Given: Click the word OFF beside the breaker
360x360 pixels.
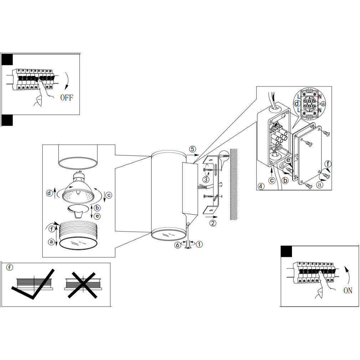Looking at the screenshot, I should [67, 97].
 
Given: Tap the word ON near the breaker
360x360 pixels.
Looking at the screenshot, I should [348, 290].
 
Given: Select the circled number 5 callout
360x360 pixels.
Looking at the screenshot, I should [192, 149].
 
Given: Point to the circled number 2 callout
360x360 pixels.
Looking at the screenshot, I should [213, 223].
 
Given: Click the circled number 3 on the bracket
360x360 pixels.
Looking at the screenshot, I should [206, 179].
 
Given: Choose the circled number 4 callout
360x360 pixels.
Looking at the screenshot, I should [261, 186].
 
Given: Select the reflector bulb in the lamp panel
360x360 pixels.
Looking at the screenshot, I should [78, 189].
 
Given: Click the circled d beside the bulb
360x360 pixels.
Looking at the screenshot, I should [49, 193].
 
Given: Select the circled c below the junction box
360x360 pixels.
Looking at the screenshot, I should [272, 180].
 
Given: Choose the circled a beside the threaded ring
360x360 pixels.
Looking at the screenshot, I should [52, 242].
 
